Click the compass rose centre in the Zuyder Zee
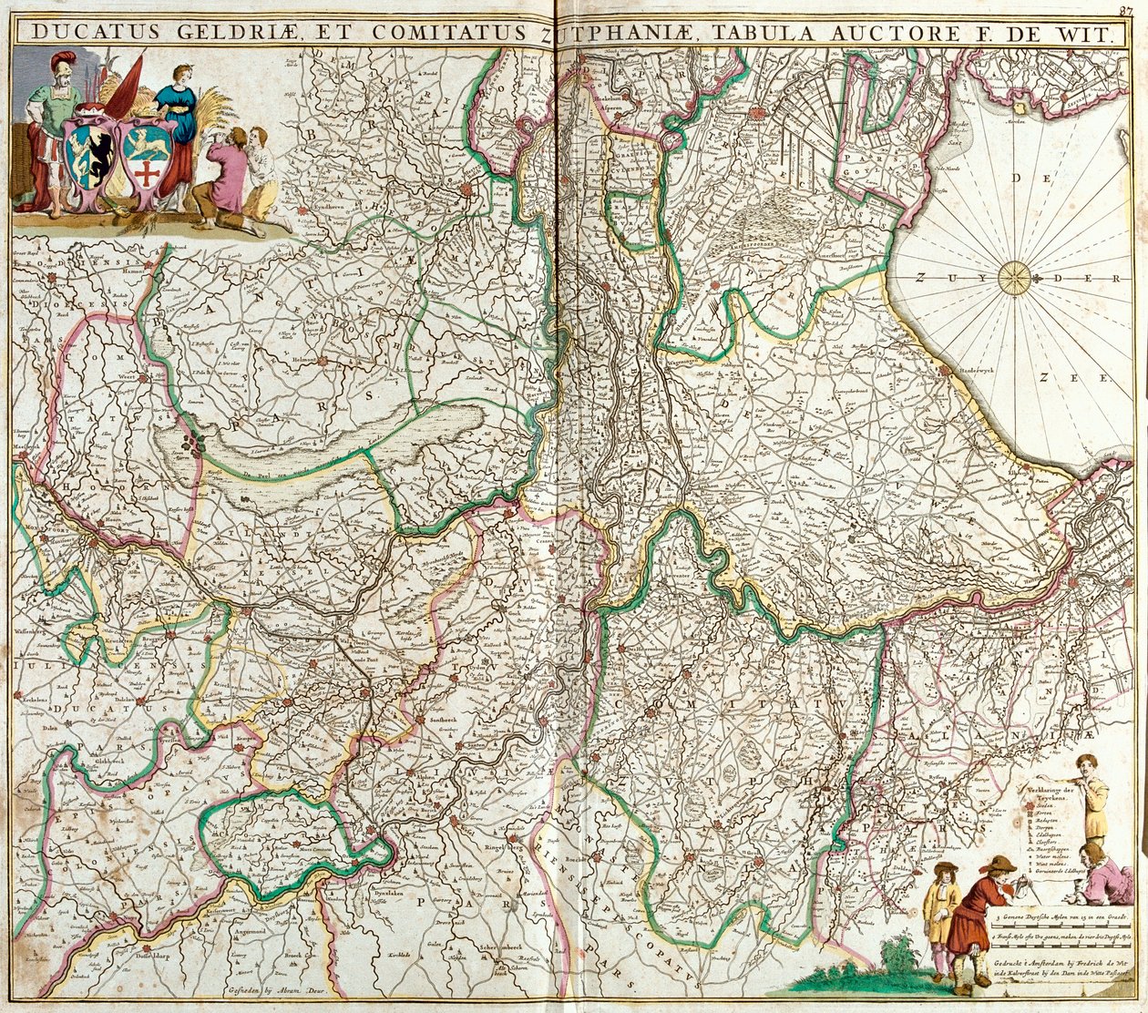(x=1013, y=278)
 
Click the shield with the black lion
(x=91, y=152)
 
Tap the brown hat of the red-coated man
(x=1002, y=863)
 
